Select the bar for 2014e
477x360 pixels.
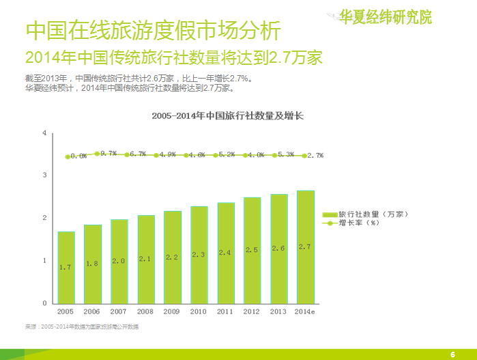pos(305,247)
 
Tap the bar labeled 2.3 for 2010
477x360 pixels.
pos(199,254)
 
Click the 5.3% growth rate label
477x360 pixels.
pos(286,154)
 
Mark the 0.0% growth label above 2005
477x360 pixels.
pos(78,156)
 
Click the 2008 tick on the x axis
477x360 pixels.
pos(145,311)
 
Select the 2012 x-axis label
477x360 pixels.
pos(252,311)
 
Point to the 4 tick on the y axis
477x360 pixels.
pos(44,133)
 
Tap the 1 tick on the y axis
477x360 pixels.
pos(44,260)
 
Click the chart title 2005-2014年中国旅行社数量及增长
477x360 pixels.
pos(227,116)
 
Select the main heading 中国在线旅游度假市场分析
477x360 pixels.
pos(152,30)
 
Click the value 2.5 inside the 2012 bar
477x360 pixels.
pos(252,250)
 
